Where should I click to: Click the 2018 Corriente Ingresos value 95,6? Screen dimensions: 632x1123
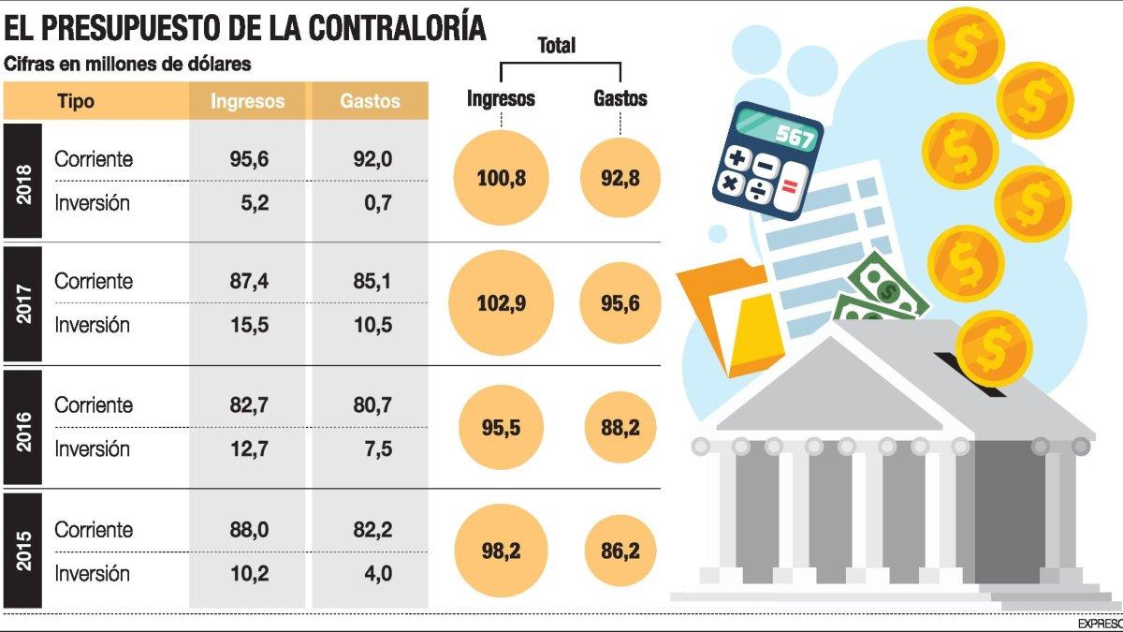coord(249,159)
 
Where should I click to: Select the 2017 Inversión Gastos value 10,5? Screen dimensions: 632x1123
coord(372,326)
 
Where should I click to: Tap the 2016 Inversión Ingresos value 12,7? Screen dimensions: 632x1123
coord(249,449)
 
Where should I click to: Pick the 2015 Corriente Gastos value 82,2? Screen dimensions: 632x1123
coord(372,530)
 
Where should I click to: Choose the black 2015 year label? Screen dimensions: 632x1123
coord(23,551)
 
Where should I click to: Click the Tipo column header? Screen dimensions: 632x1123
coord(76,101)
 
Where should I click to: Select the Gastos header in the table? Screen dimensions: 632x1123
coord(370,101)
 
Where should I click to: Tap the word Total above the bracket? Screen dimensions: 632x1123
coord(557,45)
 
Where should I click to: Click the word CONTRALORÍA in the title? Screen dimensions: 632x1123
coord(393,28)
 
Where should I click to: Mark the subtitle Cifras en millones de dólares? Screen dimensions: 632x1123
coord(128,65)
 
